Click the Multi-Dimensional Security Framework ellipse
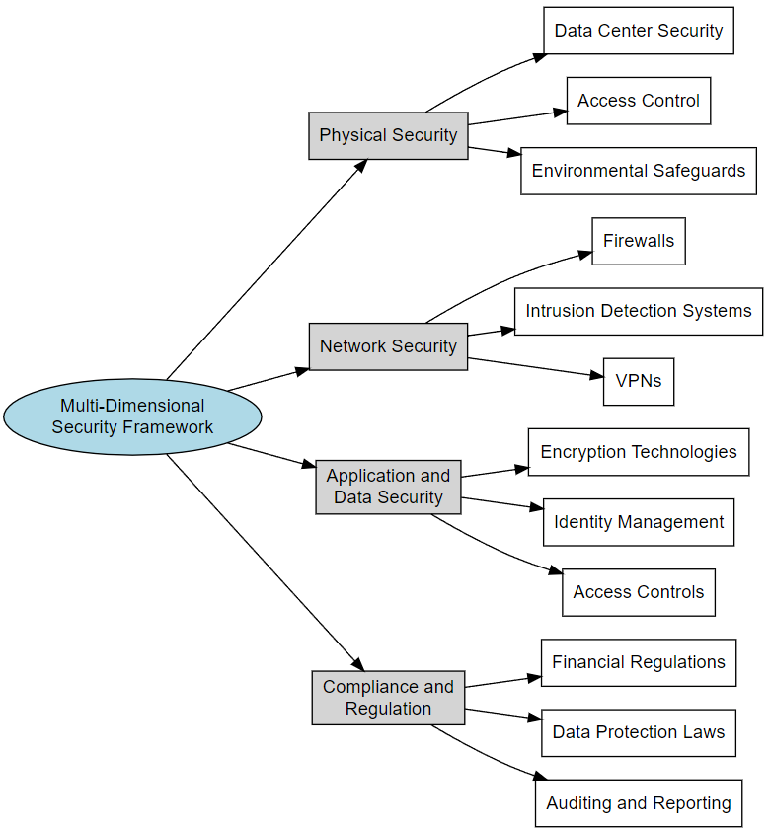[x=132, y=416]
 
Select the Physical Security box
[x=388, y=135]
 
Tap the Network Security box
[x=388, y=346]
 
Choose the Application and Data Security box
[x=388, y=487]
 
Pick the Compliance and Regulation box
[x=388, y=698]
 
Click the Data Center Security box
[x=639, y=31]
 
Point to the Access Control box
[x=639, y=101]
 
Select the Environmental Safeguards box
[x=639, y=171]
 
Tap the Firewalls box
[x=639, y=241]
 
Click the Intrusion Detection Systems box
[x=639, y=312]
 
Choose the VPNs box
[x=639, y=382]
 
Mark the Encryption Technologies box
[x=639, y=452]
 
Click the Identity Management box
[x=639, y=522]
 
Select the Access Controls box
[x=639, y=592]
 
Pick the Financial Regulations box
[x=639, y=662]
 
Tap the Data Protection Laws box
[x=639, y=732]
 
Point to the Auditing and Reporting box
[x=639, y=803]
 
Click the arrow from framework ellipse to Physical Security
[x=267, y=269]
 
